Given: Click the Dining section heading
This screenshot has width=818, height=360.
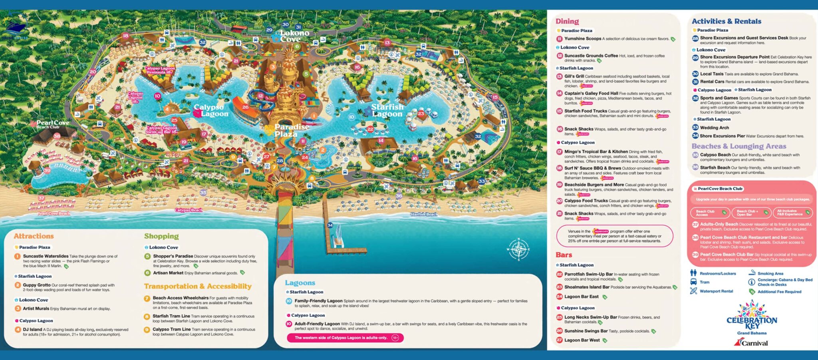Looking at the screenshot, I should (567, 21).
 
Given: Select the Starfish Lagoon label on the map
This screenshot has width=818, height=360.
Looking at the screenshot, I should (387, 110).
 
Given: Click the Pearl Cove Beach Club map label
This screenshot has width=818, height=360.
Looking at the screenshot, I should (52, 124).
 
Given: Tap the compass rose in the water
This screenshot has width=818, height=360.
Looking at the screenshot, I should (518, 249).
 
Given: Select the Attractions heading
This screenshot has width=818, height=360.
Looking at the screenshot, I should (34, 236).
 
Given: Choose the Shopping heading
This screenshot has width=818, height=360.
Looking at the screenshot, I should (161, 236).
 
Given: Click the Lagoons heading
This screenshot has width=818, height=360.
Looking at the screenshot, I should (300, 283).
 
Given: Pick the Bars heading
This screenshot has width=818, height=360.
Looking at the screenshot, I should (564, 255).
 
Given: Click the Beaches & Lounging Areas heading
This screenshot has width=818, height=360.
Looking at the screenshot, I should (739, 146).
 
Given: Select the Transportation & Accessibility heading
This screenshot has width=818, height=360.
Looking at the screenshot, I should (198, 286).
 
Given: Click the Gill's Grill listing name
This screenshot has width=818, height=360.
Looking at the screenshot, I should (574, 76).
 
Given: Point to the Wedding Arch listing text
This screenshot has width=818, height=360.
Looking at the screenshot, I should (714, 128).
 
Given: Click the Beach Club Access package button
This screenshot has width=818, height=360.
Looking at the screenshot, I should (710, 213).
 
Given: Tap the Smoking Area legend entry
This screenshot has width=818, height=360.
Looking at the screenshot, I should (770, 274).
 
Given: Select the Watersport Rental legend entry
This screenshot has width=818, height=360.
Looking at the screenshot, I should (716, 291).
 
